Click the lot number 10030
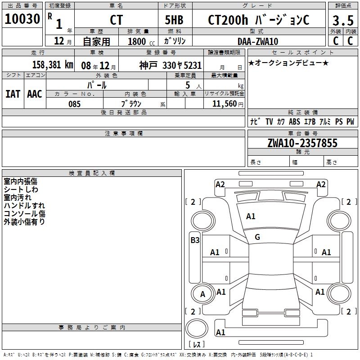pos(22,19)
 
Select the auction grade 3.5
pos(342,20)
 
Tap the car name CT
pos(116,20)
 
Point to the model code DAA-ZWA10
pos(258,41)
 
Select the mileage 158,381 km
pos(53,65)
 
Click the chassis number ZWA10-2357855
pos(302,143)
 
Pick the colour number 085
pos(75,104)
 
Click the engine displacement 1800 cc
pos(137,41)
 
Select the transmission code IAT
pos(13,94)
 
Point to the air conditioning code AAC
pos(34,94)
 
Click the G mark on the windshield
pos(257,237)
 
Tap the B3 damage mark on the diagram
pos(195,240)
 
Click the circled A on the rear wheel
pos(202,294)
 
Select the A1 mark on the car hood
pos(251,216)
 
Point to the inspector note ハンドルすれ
pos(24,206)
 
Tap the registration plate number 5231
pos(192,65)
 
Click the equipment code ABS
pos(294,121)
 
